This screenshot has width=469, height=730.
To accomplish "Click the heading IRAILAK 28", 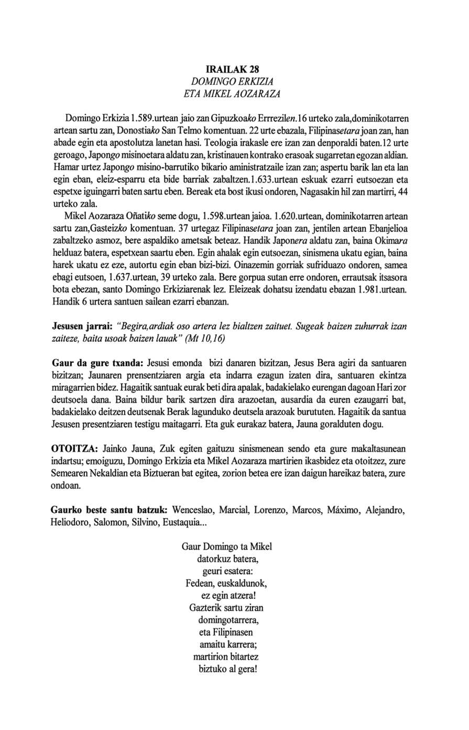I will click(x=233, y=69).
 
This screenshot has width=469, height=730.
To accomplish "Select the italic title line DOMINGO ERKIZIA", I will click(x=233, y=82).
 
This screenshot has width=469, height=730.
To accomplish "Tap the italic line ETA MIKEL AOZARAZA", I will click(x=233, y=94).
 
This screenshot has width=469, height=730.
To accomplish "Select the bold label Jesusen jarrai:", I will click(x=81, y=327).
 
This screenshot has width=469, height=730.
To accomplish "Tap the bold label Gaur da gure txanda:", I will click(x=97, y=363).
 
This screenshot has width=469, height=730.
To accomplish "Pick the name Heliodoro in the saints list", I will click(x=72, y=523).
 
